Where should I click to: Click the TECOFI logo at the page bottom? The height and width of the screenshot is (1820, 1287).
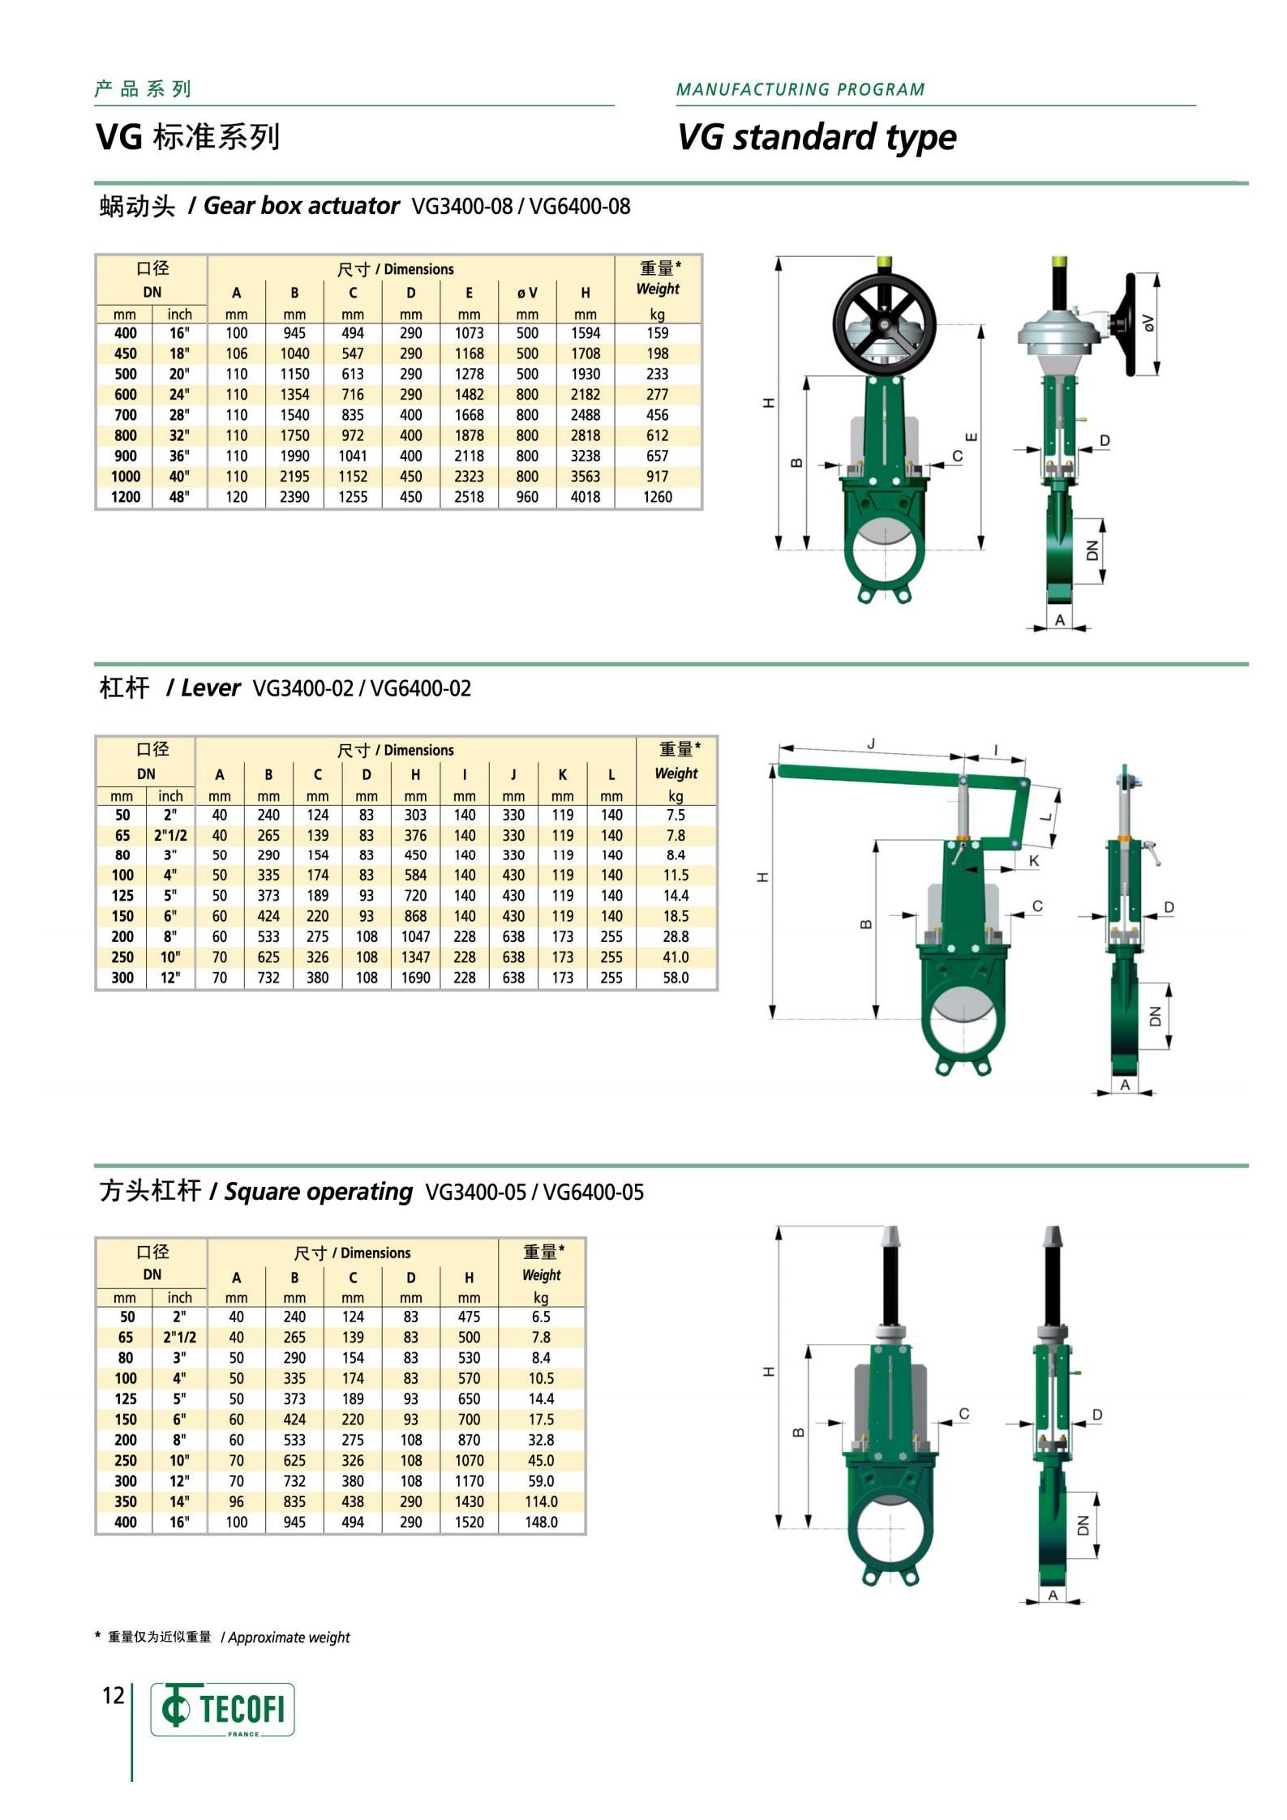click(x=222, y=1710)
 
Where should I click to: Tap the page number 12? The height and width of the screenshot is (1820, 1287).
click(x=113, y=1695)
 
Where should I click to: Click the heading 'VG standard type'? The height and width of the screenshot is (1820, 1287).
click(x=817, y=137)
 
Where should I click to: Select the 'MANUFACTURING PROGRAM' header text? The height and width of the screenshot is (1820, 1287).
click(x=800, y=89)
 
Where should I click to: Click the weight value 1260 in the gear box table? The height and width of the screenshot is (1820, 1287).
click(x=658, y=497)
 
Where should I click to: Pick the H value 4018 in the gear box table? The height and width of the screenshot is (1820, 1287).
click(x=586, y=497)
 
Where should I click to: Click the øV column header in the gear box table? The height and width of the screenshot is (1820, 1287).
click(x=527, y=293)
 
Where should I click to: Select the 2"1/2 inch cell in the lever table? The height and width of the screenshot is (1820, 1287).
click(x=170, y=835)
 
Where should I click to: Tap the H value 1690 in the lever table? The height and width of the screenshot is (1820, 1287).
click(x=415, y=978)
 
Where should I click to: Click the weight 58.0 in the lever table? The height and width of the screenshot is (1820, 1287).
click(x=676, y=978)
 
